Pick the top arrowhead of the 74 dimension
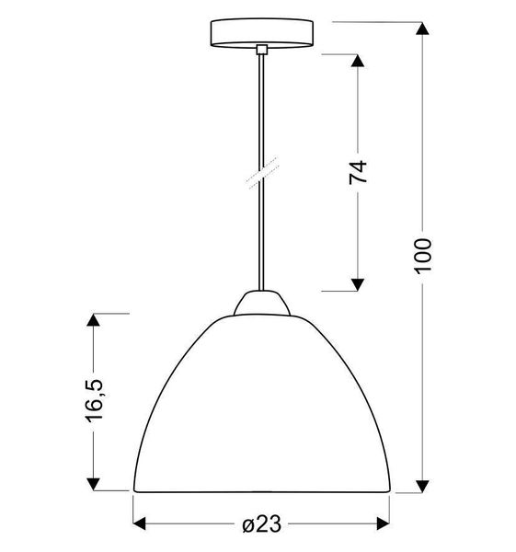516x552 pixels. (x=359, y=63)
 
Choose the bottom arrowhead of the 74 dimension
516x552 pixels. (x=359, y=282)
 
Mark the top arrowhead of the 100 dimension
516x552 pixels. (x=422, y=29)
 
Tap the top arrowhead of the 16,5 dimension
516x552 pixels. (x=94, y=321)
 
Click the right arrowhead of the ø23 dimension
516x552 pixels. (x=383, y=524)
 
